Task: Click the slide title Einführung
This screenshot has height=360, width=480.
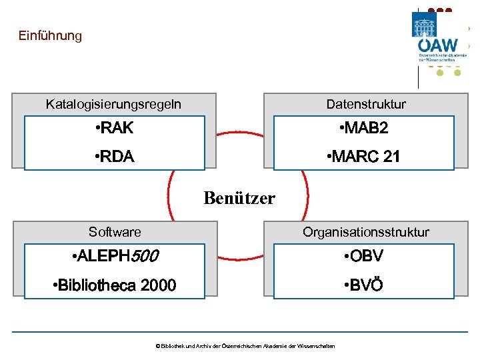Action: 50,35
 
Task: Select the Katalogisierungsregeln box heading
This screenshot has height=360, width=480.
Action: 113,104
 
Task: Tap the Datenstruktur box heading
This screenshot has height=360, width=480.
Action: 365,104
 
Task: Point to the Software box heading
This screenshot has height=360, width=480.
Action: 115,232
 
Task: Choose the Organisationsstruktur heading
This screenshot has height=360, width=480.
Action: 365,232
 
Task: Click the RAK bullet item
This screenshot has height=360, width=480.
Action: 114,128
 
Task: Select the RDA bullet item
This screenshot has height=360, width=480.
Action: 114,157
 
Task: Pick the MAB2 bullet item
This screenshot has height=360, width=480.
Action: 363,128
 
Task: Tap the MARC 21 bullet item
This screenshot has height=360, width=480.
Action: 363,157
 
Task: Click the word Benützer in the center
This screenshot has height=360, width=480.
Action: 239,198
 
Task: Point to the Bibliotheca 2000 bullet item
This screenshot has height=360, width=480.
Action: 114,285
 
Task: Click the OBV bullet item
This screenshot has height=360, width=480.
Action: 363,256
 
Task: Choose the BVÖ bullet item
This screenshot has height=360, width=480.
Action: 363,285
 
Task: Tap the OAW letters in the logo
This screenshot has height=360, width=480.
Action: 438,45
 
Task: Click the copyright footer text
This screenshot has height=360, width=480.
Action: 245,345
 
